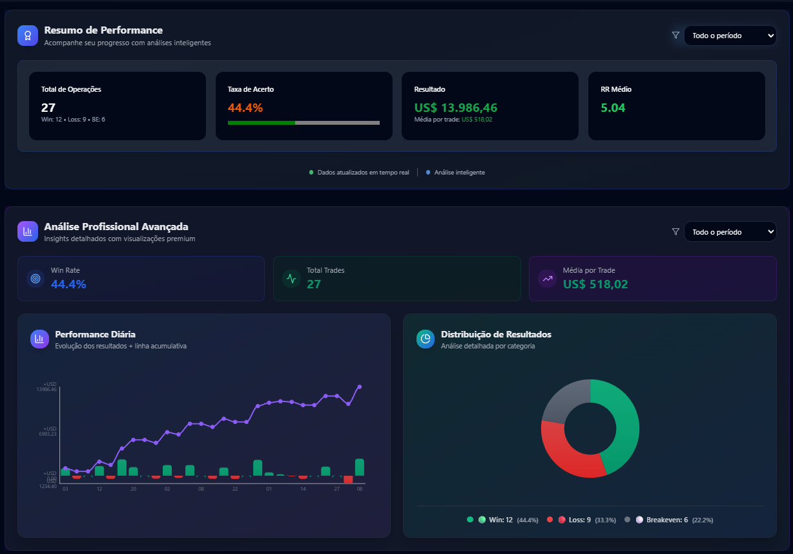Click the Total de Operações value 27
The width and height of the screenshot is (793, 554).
tap(48, 108)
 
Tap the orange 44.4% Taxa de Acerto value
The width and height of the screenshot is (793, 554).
tap(245, 108)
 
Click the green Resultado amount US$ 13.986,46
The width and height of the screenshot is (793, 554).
tap(455, 108)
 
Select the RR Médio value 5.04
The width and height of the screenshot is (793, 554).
tap(613, 108)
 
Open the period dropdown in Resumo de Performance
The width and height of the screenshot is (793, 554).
tap(730, 36)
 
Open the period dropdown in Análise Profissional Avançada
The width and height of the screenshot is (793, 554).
tap(730, 232)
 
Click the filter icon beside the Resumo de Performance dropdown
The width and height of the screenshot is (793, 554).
tap(675, 36)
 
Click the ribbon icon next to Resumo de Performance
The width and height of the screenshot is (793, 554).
tap(28, 36)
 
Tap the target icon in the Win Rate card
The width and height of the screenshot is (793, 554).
tap(36, 279)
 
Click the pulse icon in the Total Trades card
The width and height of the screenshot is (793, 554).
tap(291, 279)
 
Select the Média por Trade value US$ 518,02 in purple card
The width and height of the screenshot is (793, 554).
tap(595, 284)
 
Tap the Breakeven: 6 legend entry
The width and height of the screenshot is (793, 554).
tap(667, 520)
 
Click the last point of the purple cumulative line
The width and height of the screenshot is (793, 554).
tap(360, 387)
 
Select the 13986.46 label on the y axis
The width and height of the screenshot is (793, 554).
tap(46, 389)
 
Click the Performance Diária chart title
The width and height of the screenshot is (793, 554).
tap(95, 334)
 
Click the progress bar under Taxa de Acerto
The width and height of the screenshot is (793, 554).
tap(304, 122)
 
